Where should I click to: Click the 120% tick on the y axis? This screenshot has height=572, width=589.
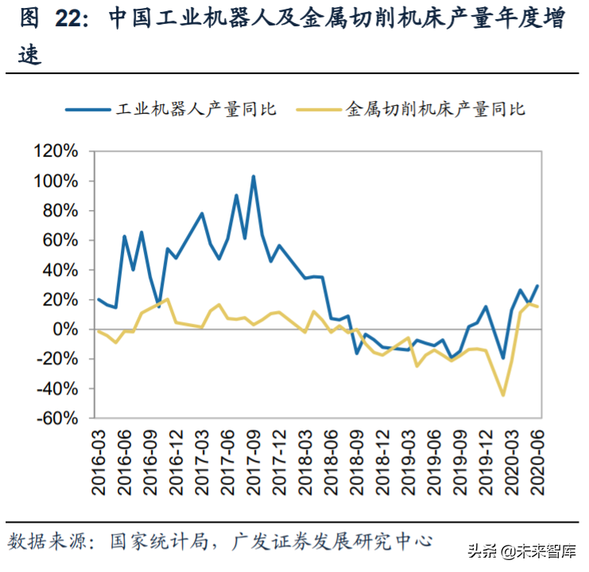(x=55, y=151)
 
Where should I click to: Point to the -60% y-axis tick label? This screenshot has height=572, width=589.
(x=55, y=418)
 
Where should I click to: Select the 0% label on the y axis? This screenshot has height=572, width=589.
(x=66, y=329)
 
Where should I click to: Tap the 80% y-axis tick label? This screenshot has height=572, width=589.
(x=59, y=211)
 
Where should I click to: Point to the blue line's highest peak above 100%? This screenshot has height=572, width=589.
(x=254, y=177)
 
